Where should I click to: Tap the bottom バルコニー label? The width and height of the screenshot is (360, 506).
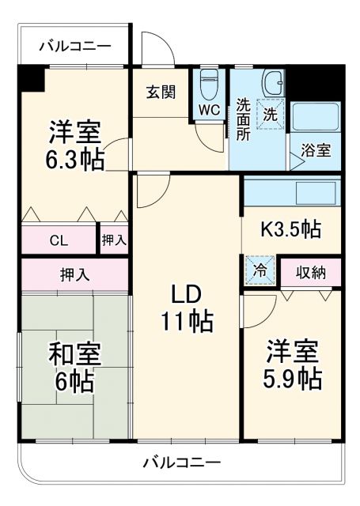[x=181, y=462]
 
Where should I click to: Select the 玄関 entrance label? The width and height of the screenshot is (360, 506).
[x=160, y=93]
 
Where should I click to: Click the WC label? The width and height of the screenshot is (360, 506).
[x=209, y=110]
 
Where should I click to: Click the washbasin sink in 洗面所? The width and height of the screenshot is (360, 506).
[x=275, y=83]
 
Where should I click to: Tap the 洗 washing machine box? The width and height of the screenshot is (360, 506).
[x=270, y=113]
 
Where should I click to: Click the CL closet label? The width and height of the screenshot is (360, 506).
[x=59, y=239]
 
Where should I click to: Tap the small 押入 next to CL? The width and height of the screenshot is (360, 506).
[x=113, y=239]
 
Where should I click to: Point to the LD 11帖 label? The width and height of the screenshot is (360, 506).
[x=187, y=308]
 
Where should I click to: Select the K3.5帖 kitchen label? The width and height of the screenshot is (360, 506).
[x=290, y=230]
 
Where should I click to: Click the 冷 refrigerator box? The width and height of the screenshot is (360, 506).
[x=259, y=270]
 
